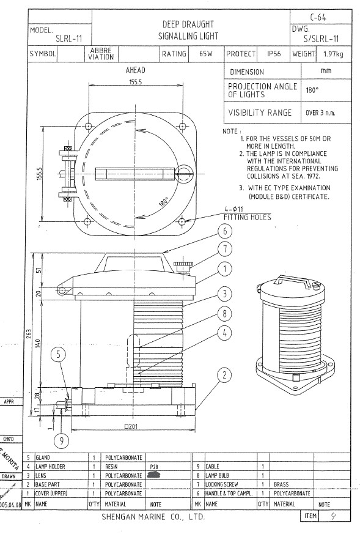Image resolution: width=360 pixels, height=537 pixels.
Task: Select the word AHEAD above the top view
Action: [x=136, y=70]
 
